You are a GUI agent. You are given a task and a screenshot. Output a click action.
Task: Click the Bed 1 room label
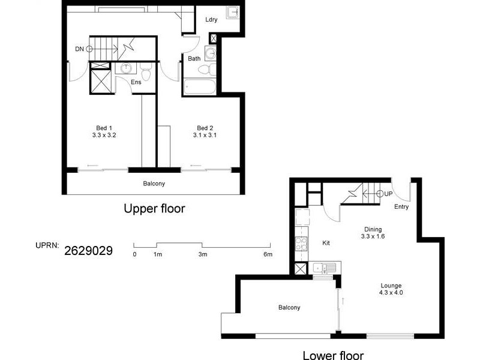[104, 128]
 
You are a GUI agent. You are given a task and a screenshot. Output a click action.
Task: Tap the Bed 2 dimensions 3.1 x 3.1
[205, 135]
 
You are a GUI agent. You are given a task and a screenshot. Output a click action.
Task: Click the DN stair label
[79, 49]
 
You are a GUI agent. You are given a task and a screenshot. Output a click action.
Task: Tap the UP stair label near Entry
[388, 194]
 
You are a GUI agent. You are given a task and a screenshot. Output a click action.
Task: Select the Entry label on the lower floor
[402, 207]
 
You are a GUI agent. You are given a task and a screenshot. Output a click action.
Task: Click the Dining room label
[373, 229]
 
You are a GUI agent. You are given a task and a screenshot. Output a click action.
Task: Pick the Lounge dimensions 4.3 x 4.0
[391, 293]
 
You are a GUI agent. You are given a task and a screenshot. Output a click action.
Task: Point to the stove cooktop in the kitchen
[301, 244]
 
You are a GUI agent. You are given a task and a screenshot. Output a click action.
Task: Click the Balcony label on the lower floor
[289, 308]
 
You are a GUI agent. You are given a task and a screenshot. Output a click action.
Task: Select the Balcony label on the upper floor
[154, 184]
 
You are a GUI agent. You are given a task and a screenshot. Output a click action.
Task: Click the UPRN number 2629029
[88, 248]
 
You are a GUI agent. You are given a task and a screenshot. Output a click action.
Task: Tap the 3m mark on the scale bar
[203, 254]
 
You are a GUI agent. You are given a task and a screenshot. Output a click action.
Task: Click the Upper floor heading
[154, 209]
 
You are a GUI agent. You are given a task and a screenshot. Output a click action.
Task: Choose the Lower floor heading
[332, 354]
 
